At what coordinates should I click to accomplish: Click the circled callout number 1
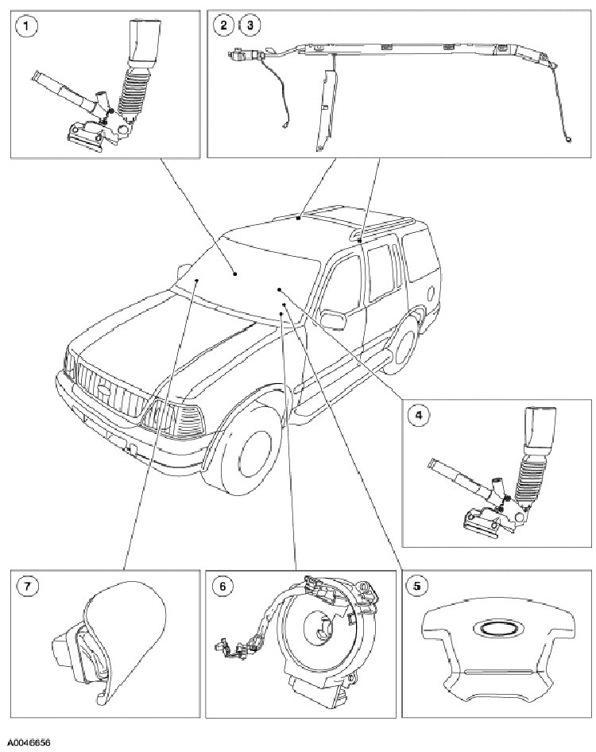29,27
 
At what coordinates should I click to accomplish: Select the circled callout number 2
225,25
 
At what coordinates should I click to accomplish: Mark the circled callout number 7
28,586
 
